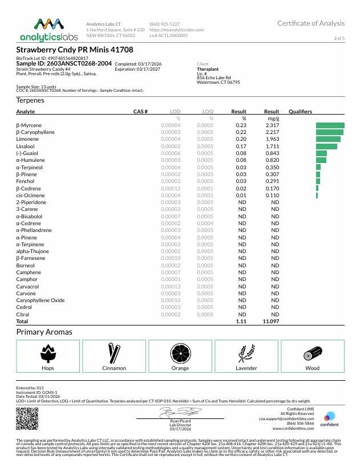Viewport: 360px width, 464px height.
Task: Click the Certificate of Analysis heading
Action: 311,23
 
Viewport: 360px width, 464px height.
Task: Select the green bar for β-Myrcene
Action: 330,125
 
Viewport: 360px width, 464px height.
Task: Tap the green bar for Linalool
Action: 326,146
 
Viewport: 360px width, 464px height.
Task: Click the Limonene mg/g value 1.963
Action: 272,139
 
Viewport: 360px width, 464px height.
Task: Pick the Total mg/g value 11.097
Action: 270,321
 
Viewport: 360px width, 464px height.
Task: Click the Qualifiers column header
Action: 300,111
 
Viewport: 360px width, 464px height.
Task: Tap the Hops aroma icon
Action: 48,353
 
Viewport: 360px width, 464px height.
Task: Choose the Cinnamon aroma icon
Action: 114,353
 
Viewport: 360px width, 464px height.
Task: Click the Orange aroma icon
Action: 180,353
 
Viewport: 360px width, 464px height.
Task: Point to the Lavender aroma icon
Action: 246,353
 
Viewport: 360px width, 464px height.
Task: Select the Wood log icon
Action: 312,353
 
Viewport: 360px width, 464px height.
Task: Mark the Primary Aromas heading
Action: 44,332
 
